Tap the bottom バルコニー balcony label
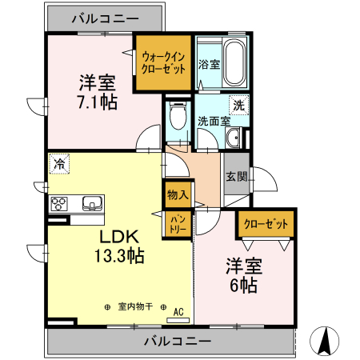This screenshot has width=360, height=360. [x=178, y=341]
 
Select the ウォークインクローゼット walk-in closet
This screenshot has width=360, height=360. [x=163, y=63]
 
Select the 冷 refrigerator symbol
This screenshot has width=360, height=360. [x=59, y=164]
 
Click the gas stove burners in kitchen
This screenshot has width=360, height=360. [x=59, y=202]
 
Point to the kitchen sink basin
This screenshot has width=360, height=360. [x=91, y=202]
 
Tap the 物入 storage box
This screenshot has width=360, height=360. [x=178, y=194]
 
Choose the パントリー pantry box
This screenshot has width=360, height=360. [x=177, y=223]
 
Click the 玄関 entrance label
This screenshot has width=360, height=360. [x=235, y=178]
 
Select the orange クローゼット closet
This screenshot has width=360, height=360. [x=265, y=224]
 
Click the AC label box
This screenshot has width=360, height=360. [x=178, y=312]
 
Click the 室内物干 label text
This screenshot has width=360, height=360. [x=135, y=307]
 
